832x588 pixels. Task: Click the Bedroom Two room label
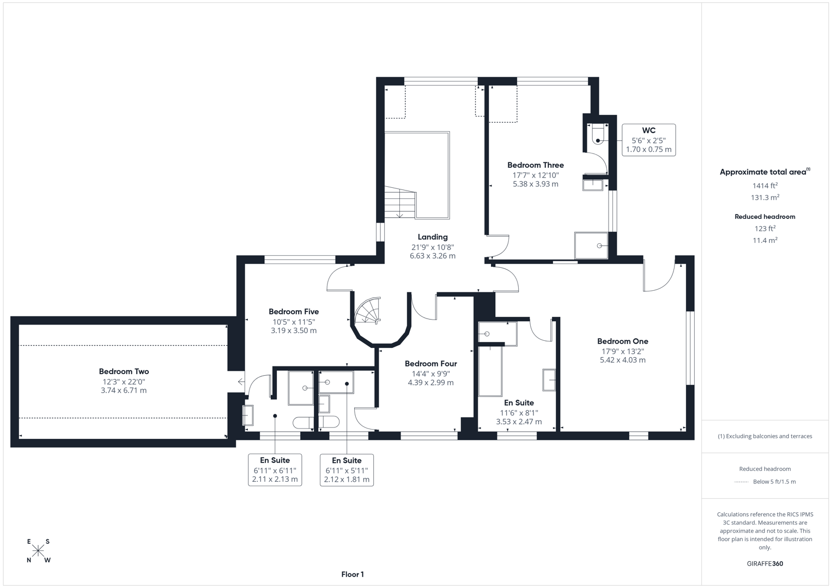pos(124,371)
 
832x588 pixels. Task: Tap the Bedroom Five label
pos(293,311)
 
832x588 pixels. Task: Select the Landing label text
pos(433,237)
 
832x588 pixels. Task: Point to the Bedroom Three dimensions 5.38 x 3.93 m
pos(535,184)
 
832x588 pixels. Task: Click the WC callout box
pos(648,140)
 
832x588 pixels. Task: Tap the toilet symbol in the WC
pos(598,134)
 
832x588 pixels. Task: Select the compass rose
pos(38,550)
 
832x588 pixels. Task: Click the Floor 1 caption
pos(353,574)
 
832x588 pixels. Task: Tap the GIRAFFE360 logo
pos(764,563)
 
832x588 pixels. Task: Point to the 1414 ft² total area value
pos(764,186)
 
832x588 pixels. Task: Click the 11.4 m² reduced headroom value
pos(764,240)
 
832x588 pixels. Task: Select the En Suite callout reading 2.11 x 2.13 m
pos(275,470)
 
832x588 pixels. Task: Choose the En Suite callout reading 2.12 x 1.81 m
pos(347,470)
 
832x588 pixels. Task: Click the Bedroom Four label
pos(430,364)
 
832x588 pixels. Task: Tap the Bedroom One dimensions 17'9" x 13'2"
pos(622,351)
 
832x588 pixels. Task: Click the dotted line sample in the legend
pos(741,482)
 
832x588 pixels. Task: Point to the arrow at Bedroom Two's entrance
pos(241,382)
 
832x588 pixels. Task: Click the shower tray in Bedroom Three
pos(591,246)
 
